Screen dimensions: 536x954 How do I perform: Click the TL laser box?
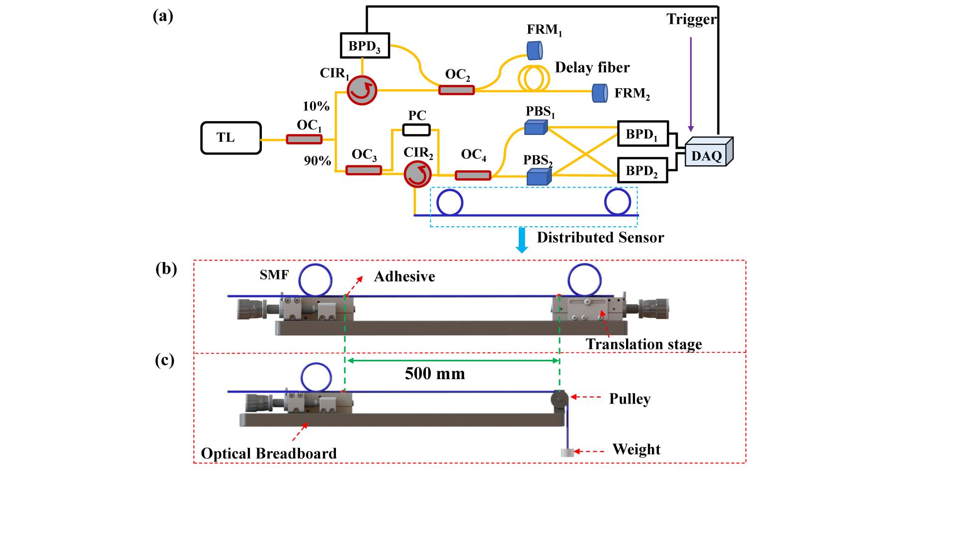(231, 137)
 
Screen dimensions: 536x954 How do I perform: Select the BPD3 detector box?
(365, 46)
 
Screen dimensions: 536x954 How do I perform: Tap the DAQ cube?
(709, 152)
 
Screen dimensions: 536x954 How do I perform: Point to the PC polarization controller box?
(416, 130)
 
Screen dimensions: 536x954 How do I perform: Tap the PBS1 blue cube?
(536, 128)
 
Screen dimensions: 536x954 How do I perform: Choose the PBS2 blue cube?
(539, 177)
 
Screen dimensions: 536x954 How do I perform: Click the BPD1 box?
(643, 134)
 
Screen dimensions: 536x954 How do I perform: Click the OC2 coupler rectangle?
(457, 90)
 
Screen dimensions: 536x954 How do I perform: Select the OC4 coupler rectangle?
(473, 175)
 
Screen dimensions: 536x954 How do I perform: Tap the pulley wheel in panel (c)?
(560, 399)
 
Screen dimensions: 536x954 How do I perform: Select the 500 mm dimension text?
(435, 373)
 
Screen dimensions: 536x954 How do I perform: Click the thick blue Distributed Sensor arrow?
(521, 241)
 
